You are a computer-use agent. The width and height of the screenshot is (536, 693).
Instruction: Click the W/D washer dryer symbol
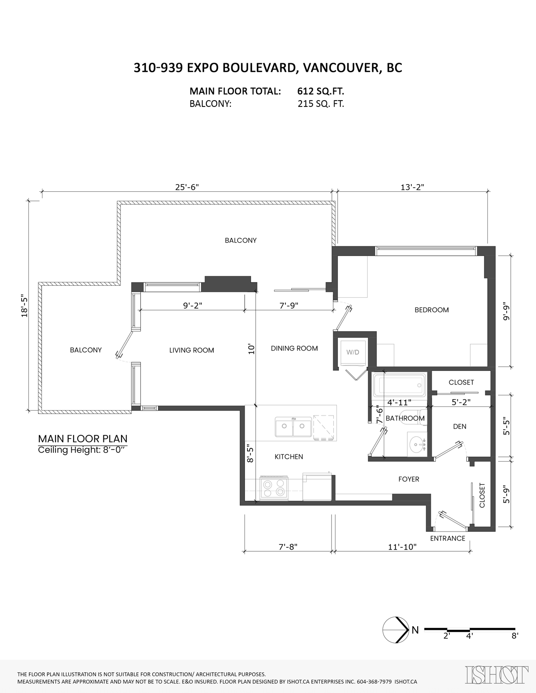click(x=353, y=352)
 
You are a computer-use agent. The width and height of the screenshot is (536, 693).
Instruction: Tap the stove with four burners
click(x=274, y=488)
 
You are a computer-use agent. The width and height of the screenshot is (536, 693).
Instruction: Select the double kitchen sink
click(x=293, y=427)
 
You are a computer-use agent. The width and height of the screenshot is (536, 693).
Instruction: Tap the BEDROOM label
click(x=432, y=310)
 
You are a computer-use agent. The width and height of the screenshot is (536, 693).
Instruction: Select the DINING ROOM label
click(x=294, y=348)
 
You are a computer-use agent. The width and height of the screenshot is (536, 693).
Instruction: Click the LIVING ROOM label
click(x=191, y=350)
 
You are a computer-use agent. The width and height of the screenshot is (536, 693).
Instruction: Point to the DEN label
click(x=459, y=426)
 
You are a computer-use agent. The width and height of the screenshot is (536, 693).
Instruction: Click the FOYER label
click(x=409, y=479)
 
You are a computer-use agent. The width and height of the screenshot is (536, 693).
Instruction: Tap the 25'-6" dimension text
click(x=187, y=187)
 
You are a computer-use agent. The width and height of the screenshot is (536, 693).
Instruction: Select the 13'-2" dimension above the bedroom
click(x=412, y=187)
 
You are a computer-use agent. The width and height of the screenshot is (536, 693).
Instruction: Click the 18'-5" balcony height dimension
click(x=25, y=306)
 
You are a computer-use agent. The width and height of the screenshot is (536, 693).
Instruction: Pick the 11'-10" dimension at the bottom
click(x=402, y=547)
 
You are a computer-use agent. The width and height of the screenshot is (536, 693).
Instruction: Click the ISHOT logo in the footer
click(x=496, y=675)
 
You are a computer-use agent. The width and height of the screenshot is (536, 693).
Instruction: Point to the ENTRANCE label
click(x=447, y=538)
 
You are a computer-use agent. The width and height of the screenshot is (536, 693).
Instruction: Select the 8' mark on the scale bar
click(x=515, y=636)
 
